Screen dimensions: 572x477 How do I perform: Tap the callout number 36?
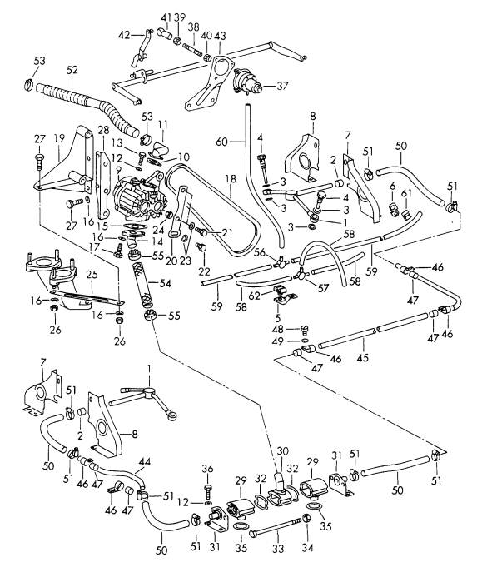click(208, 467)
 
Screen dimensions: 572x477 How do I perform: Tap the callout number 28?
click(102, 132)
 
